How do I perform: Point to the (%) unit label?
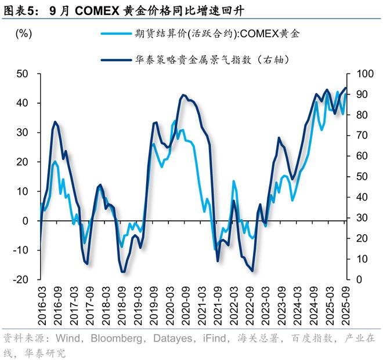pyautogui.click(x=24, y=33)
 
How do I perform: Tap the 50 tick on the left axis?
pyautogui.click(x=23, y=74)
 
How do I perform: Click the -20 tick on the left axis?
pyautogui.click(x=21, y=279)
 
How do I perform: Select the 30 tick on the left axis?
pyautogui.click(x=23, y=133)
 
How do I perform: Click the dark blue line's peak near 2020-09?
pyautogui.click(x=183, y=95)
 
